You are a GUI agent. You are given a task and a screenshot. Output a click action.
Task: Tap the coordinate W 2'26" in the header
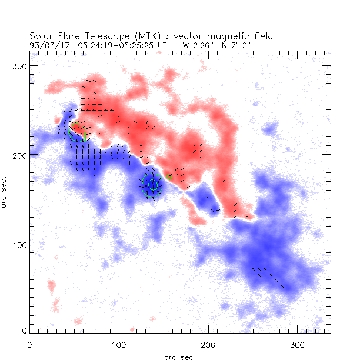point(196,44)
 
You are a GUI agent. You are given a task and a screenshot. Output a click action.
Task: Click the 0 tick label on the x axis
point(29,344)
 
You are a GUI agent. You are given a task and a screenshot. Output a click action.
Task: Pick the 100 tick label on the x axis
point(119,344)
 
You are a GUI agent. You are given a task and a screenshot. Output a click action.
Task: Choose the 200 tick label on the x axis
point(208,344)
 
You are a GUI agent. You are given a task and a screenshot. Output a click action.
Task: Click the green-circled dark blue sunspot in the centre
point(152,184)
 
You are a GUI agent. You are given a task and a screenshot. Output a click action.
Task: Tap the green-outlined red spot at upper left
point(78,132)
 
